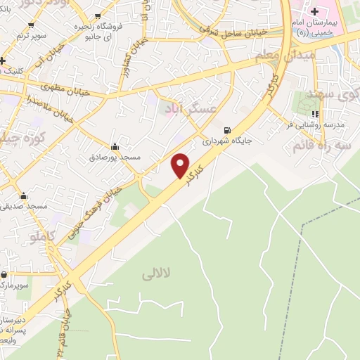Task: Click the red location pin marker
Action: click(181, 165)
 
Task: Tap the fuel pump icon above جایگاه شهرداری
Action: click(226, 130)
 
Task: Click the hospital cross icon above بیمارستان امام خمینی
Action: click(314, 12)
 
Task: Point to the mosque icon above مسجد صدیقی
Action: click(24, 196)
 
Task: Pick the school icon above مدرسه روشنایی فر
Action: click(316, 113)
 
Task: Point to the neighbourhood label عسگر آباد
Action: click(182, 108)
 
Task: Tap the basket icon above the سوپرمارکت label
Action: click(4, 275)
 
